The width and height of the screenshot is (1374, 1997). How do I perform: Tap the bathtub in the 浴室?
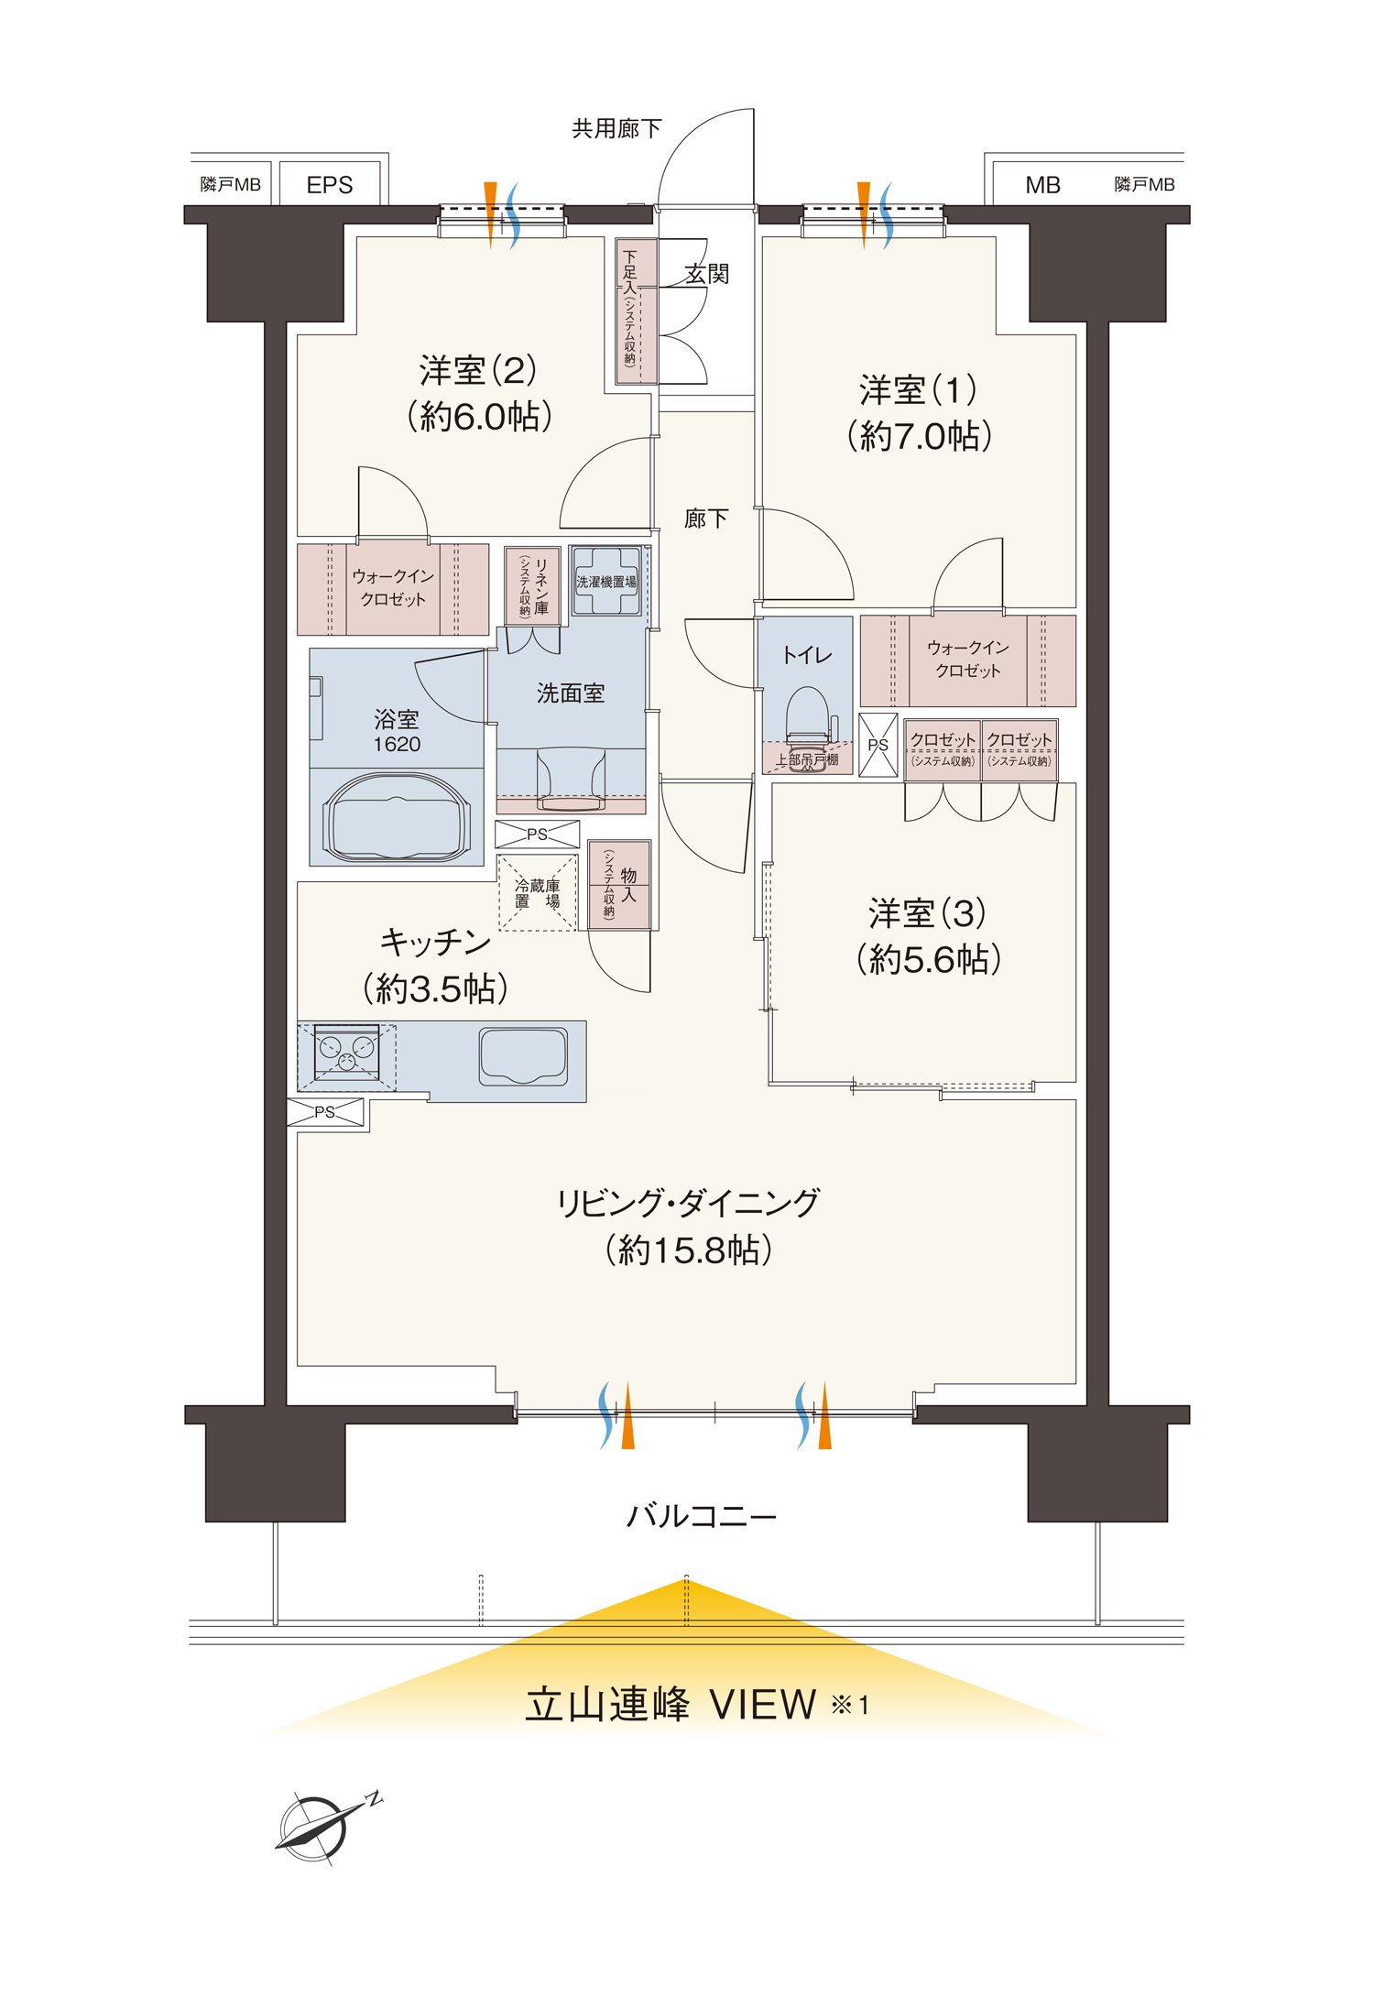(397, 817)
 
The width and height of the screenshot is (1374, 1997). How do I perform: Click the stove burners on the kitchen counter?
(346, 1054)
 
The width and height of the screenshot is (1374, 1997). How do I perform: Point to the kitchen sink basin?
(523, 1056)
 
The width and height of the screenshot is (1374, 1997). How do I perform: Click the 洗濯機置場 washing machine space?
(606, 582)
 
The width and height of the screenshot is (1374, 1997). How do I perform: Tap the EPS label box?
(330, 185)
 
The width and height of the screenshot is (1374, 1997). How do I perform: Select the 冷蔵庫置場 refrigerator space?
(538, 893)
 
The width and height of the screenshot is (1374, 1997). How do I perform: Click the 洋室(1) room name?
(919, 390)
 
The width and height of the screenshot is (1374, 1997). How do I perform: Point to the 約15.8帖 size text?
(688, 1249)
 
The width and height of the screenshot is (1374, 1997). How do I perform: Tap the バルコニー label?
(702, 1516)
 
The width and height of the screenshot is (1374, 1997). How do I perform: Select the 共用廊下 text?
(616, 129)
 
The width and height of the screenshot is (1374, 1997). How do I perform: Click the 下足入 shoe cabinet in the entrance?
(637, 311)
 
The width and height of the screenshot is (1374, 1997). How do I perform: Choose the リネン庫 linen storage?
(532, 586)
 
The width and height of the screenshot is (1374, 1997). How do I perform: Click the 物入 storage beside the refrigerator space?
(619, 885)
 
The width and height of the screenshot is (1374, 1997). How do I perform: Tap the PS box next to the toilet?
(878, 745)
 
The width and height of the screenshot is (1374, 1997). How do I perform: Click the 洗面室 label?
(571, 693)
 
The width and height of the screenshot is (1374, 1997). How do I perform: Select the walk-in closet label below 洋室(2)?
(393, 588)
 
